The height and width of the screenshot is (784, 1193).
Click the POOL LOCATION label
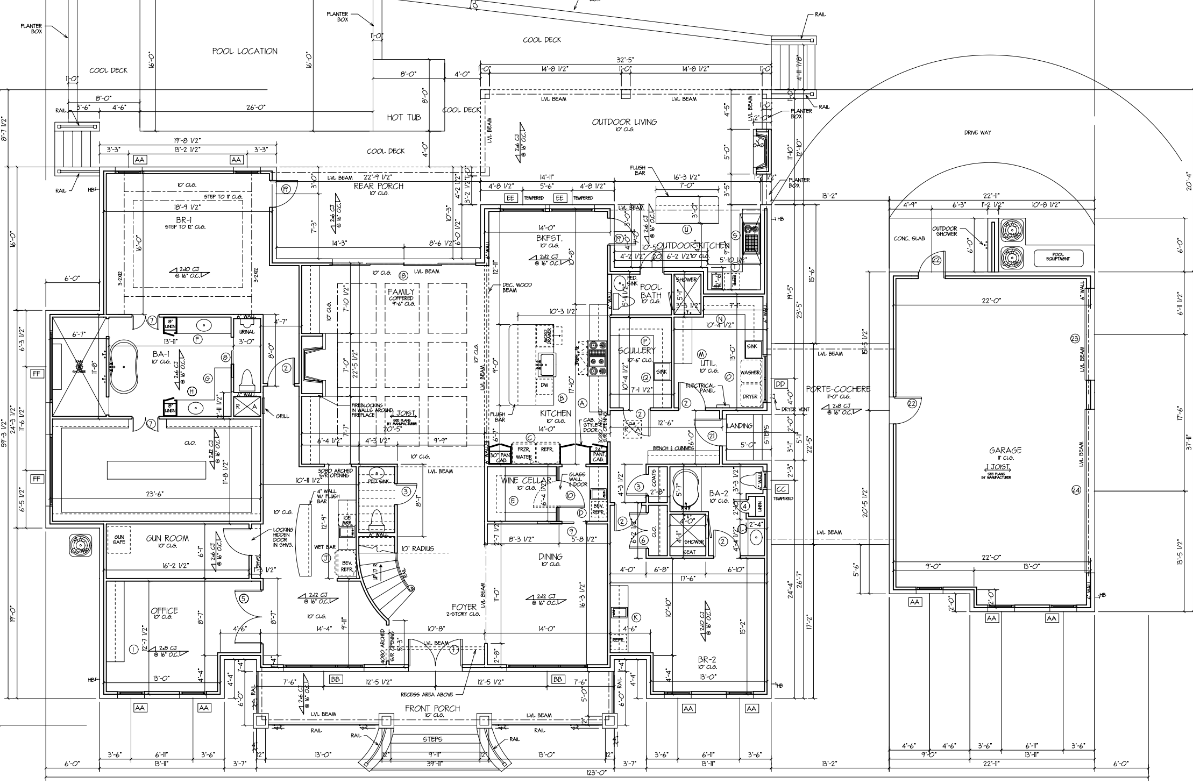245,52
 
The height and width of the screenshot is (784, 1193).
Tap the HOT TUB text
403,117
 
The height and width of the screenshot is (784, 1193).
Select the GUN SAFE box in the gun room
119,539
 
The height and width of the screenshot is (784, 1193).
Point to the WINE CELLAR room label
526,480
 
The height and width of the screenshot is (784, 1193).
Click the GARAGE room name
1005,451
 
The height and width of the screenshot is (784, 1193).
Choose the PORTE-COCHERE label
838,389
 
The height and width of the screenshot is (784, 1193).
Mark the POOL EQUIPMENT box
1057,258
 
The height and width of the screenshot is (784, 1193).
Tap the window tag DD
780,384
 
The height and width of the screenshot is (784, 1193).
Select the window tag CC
782,489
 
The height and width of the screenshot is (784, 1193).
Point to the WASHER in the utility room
750,373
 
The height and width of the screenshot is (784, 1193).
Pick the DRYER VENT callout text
795,409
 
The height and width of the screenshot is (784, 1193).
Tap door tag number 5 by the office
243,598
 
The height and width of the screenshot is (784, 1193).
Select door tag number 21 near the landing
713,436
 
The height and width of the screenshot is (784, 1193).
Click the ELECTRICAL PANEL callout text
700,388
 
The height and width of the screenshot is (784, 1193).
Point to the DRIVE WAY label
977,133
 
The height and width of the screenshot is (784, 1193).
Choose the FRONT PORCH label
432,708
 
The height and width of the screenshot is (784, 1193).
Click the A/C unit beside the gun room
81,545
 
